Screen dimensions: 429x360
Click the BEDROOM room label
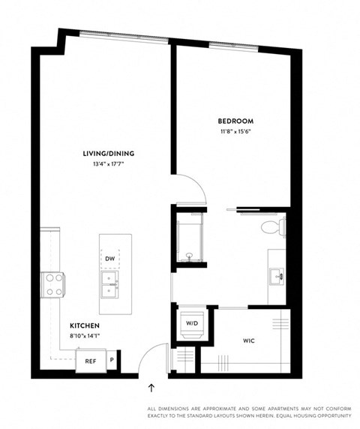coord(235,121)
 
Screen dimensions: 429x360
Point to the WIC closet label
coord(249,340)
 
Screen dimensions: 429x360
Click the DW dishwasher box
coord(110,258)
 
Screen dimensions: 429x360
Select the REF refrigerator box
coord(89,361)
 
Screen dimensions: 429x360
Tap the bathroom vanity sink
coord(278,276)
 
